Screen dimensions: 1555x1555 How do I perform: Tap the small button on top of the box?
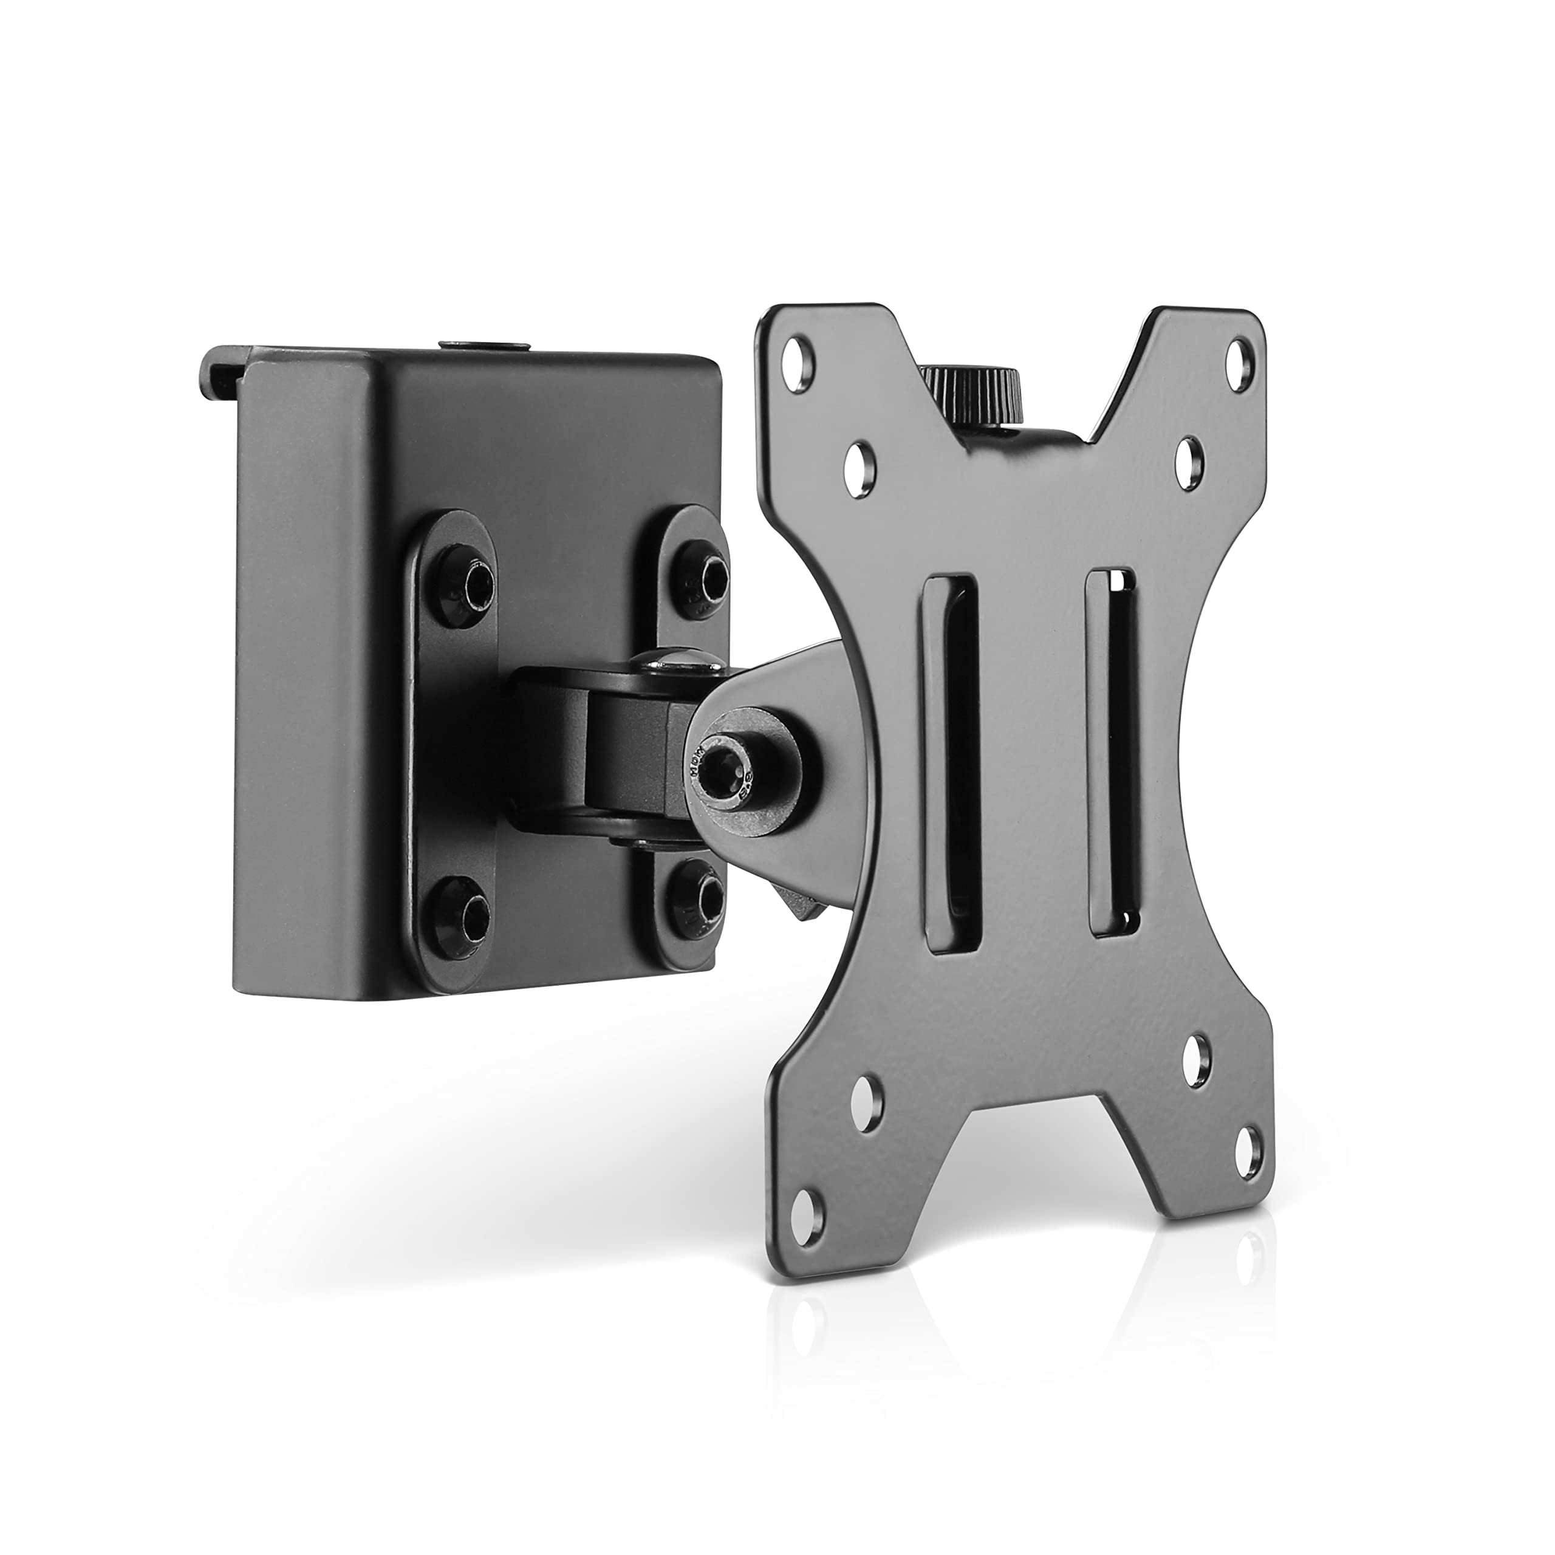(484, 344)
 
